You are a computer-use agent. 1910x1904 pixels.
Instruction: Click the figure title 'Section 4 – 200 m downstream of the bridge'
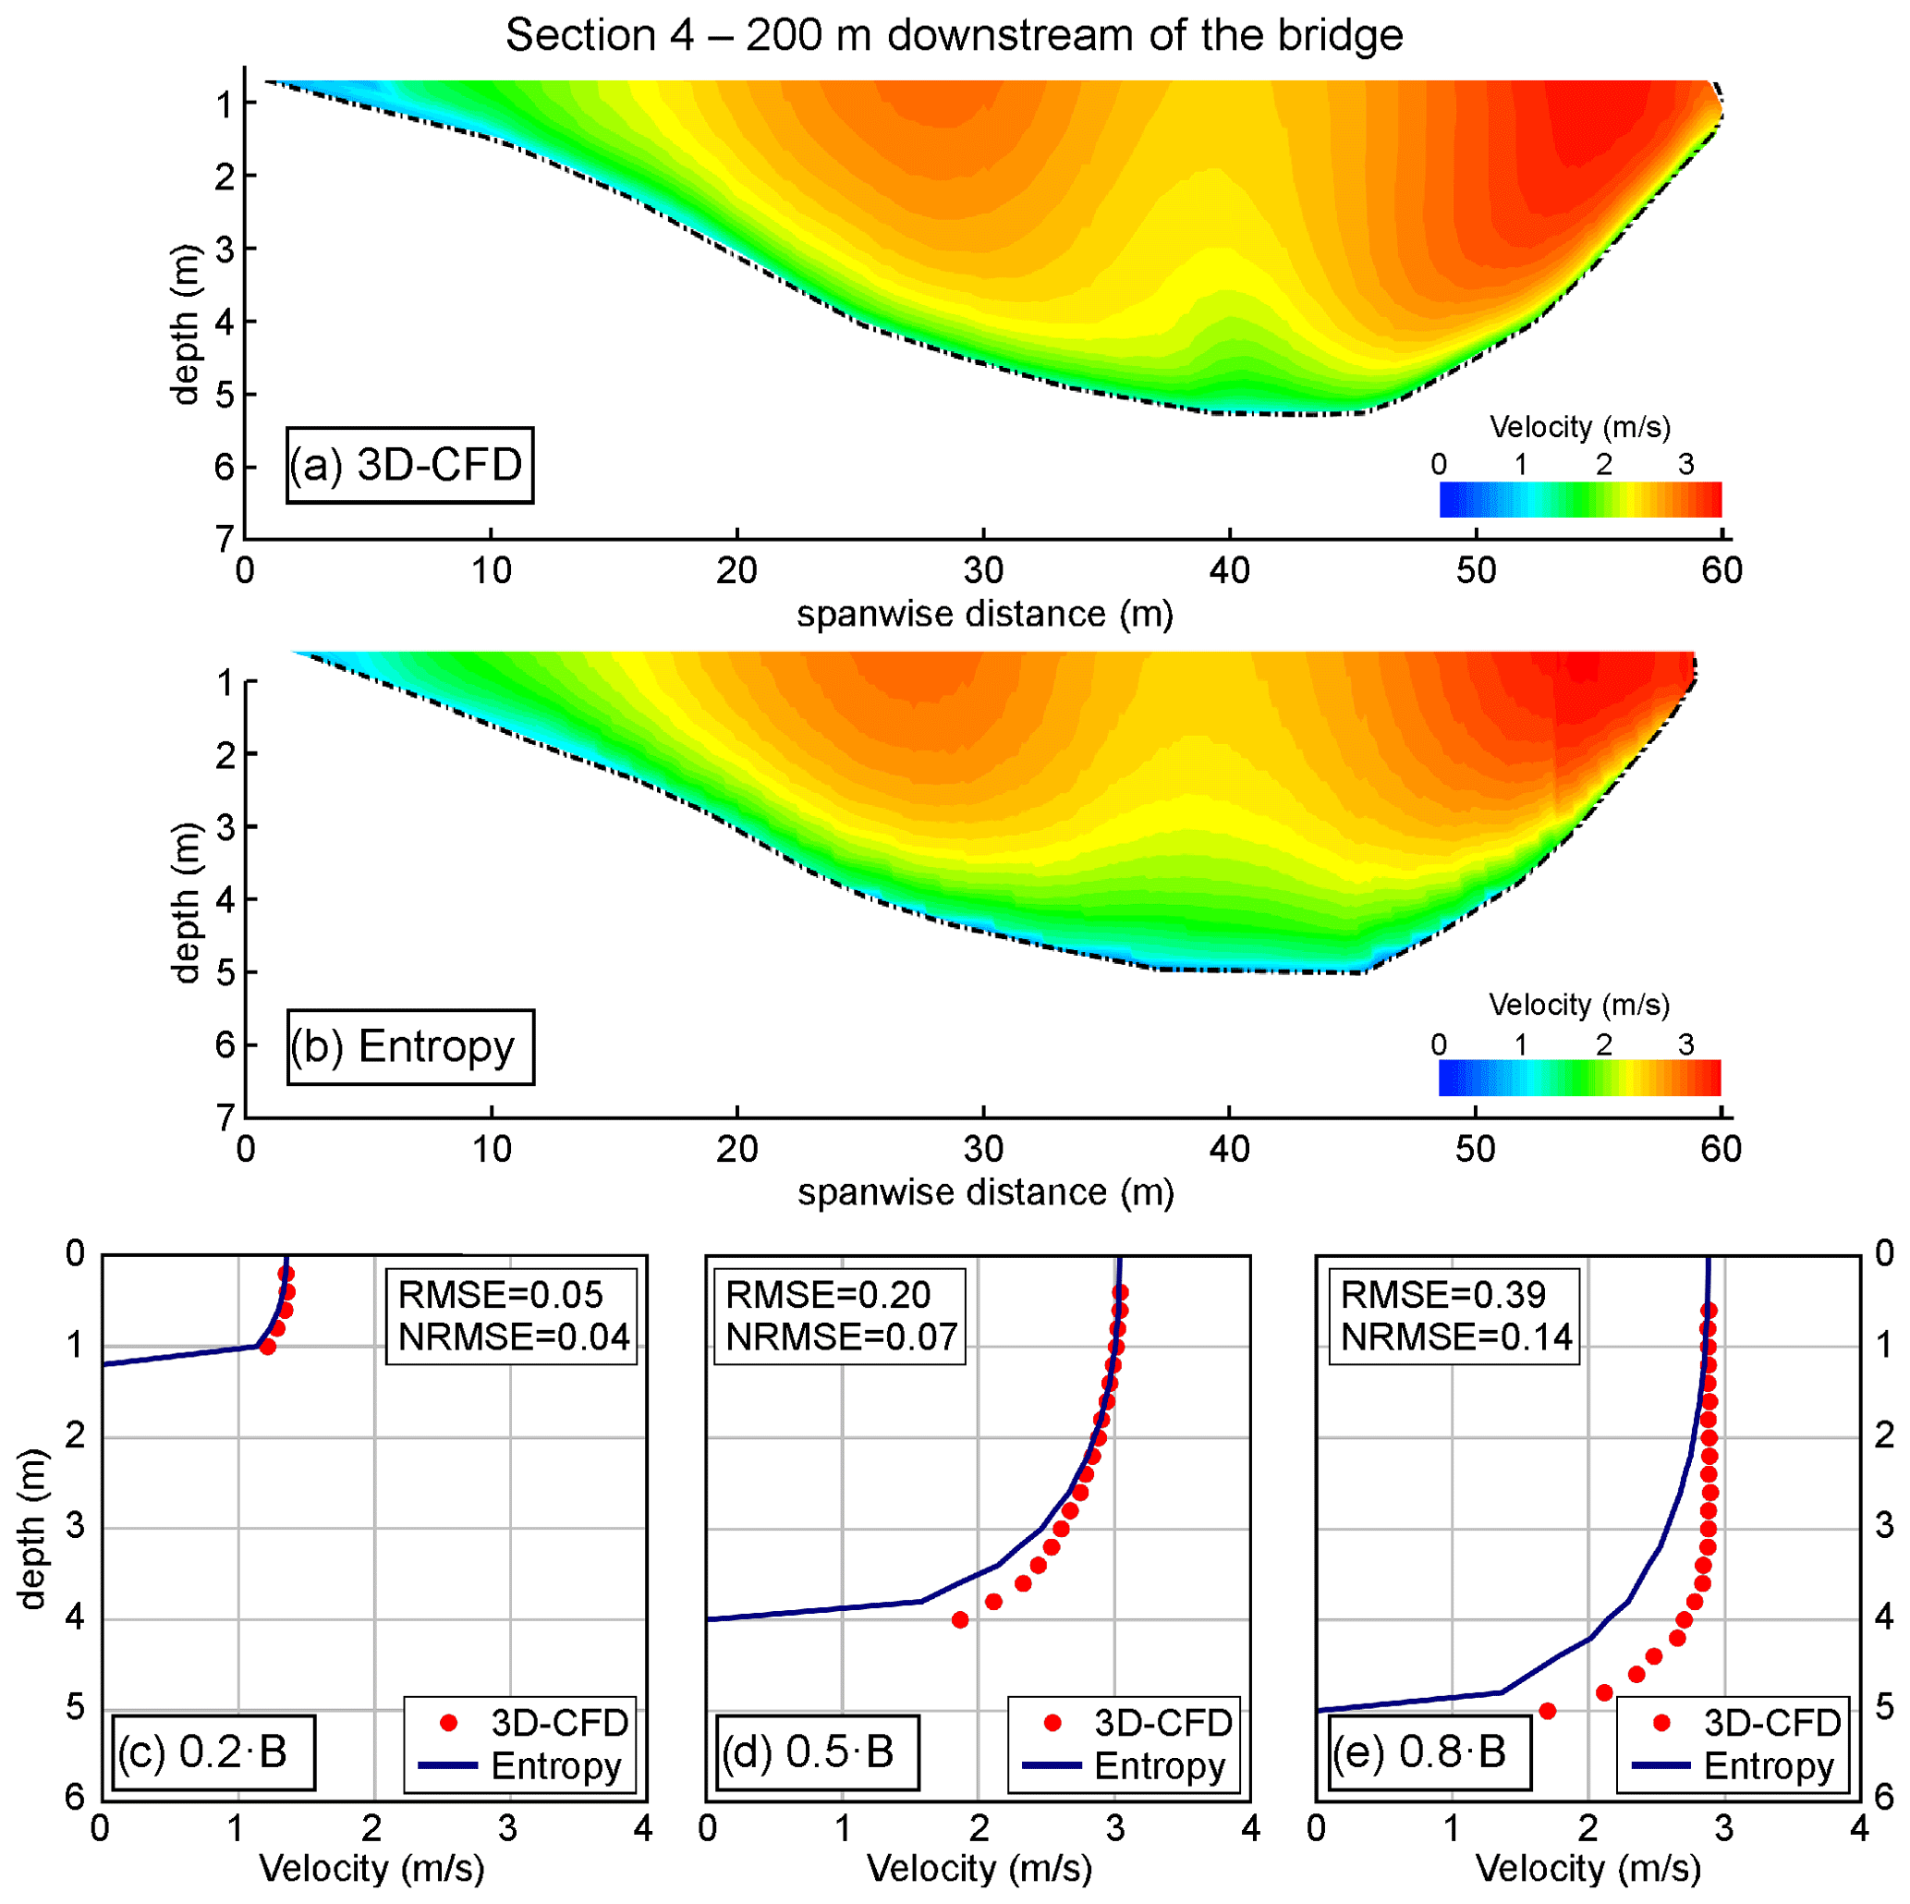954,36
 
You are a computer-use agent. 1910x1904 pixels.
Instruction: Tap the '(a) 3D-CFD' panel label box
409,465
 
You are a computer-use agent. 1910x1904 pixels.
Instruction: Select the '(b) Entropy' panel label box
409,1046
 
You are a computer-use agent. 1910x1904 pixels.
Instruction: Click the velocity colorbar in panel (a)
1580,499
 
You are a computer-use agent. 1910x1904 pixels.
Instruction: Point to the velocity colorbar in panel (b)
1579,1077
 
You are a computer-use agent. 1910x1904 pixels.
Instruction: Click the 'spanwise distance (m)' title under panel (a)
985,615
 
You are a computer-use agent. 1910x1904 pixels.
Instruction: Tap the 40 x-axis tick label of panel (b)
1229,1149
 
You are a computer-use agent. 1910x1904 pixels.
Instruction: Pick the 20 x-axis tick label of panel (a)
736,570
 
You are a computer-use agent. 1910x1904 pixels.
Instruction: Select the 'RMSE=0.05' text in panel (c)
500,1295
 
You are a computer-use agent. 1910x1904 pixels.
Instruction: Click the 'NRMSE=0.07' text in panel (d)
841,1337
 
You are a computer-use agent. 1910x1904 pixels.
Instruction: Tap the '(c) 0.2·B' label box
213,1751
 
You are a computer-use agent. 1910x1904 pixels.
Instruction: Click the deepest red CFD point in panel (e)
1548,1711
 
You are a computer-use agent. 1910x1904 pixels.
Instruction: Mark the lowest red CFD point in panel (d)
960,1620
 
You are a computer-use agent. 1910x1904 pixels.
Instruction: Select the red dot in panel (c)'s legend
449,1723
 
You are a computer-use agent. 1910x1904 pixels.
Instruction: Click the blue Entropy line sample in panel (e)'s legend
1661,1765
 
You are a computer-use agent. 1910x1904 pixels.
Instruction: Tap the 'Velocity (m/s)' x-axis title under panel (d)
979,1868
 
